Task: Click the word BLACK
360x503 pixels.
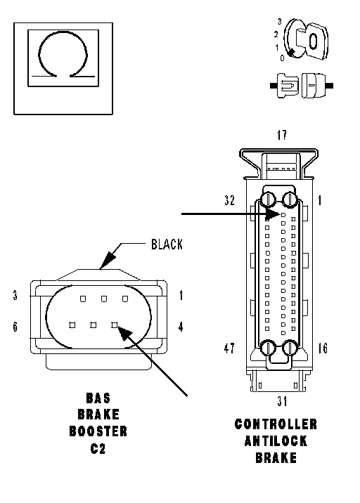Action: (167, 244)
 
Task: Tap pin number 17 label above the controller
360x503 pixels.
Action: (282, 135)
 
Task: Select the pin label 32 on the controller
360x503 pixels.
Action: (230, 200)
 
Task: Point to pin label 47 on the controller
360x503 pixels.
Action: (229, 348)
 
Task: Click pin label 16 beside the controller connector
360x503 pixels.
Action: (323, 348)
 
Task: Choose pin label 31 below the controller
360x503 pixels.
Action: (282, 401)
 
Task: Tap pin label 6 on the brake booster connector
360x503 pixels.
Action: (15, 327)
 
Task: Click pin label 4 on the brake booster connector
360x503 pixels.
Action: (181, 327)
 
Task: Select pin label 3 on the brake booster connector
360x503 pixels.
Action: (15, 295)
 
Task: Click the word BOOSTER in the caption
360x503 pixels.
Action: (98, 431)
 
